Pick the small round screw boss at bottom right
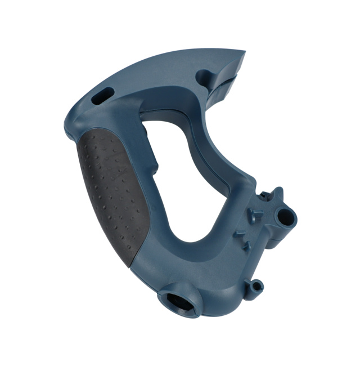point(257,285)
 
